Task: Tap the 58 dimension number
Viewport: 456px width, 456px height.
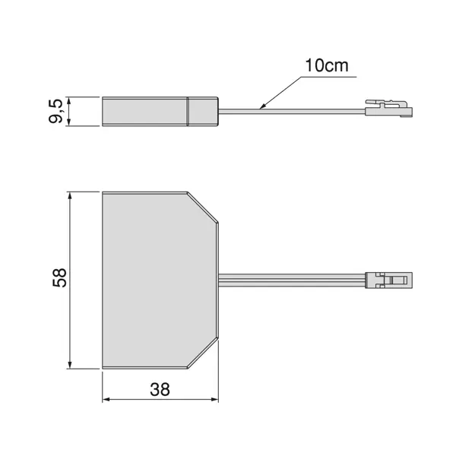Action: [x=60, y=277]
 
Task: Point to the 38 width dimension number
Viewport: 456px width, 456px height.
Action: [x=160, y=390]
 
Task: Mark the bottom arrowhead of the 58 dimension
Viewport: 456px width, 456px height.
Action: [x=70, y=363]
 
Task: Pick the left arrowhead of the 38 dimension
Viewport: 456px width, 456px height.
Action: [x=106, y=399]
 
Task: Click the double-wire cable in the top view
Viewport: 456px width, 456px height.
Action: [x=293, y=279]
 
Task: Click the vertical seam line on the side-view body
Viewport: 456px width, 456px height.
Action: [x=188, y=111]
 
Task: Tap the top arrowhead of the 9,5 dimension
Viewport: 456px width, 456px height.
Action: [x=70, y=100]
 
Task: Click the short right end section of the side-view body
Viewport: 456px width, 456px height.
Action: [x=203, y=111]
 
